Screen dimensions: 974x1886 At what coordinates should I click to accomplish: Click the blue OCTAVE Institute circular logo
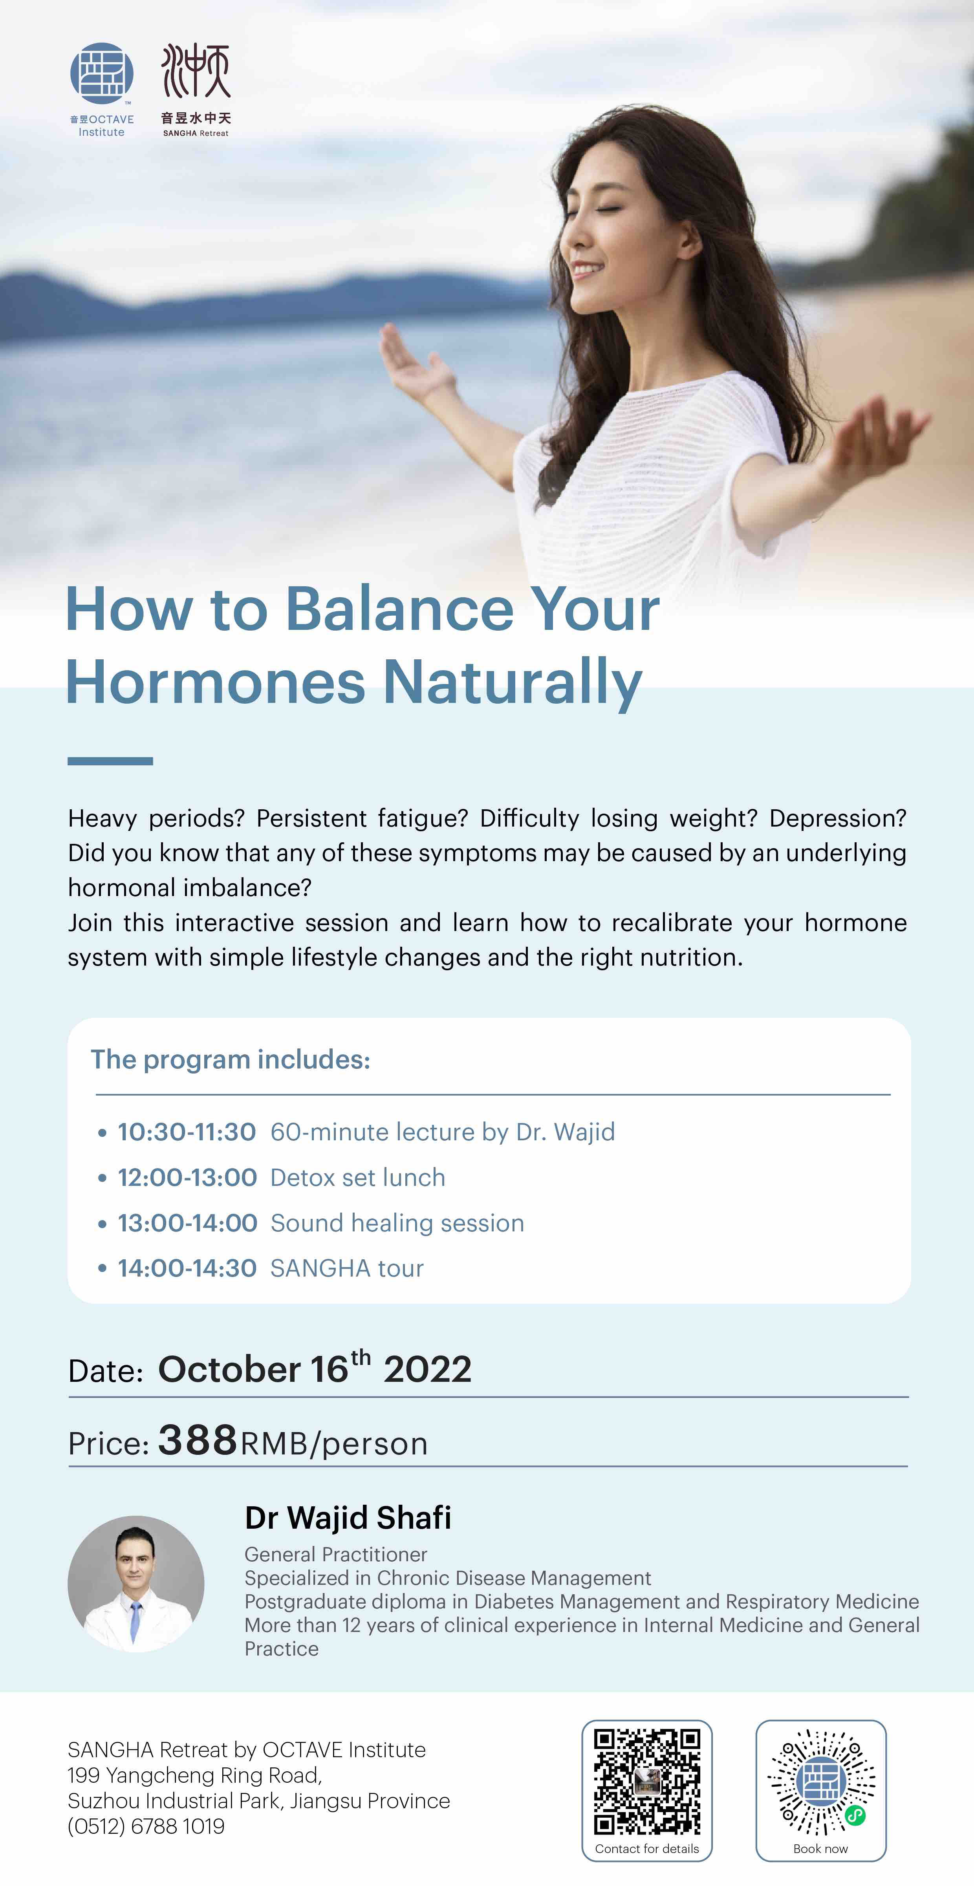coord(102,73)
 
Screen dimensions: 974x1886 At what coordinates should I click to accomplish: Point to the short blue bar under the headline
coord(110,761)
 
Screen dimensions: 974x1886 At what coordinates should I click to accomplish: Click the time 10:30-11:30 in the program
coord(187,1132)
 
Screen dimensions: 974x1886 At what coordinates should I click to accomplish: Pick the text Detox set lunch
coord(357,1177)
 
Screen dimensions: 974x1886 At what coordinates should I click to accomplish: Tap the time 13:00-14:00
coord(187,1223)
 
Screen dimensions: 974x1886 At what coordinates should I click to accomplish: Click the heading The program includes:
coord(231,1059)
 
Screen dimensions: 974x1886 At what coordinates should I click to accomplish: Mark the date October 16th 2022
coord(315,1368)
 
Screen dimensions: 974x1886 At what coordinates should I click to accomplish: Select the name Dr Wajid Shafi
coord(348,1518)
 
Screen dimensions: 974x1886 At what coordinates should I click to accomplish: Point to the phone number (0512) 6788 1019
coord(146,1826)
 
